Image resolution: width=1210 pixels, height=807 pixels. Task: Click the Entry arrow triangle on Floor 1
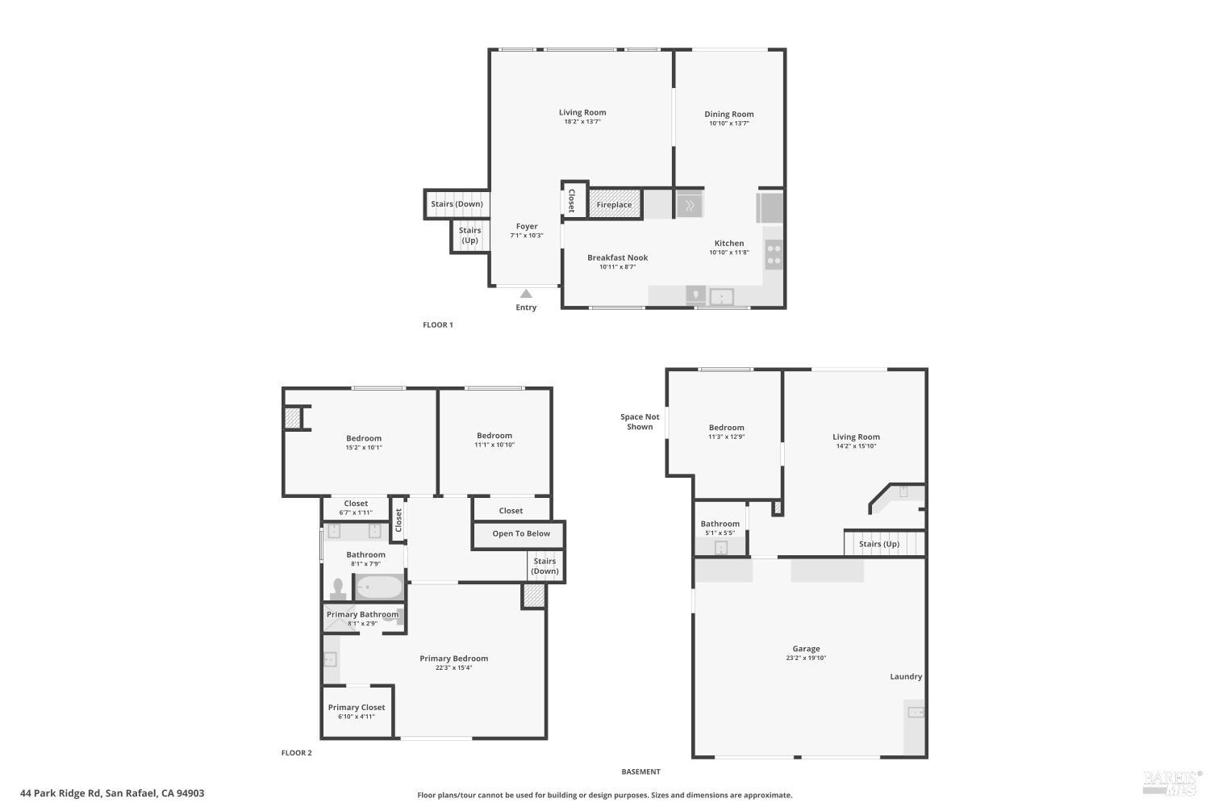pos(526,294)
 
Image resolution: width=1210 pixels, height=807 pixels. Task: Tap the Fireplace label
pos(614,205)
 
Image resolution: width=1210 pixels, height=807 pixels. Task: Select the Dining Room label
pos(728,115)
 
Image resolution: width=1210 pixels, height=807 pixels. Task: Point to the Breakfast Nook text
pos(617,258)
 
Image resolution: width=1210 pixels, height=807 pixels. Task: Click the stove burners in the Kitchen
pos(773,255)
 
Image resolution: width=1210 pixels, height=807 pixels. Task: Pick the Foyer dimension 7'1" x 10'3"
pos(527,236)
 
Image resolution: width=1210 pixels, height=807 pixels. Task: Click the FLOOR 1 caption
pos(438,325)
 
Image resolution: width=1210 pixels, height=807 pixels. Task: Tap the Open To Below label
pos(521,533)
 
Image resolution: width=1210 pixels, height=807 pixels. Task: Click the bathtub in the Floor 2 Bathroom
pos(379,587)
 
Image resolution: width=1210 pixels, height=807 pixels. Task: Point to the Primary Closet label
pos(357,708)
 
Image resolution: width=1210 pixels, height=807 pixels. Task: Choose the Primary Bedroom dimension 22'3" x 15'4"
pos(453,668)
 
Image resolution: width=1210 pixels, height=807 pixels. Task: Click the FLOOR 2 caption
pos(296,753)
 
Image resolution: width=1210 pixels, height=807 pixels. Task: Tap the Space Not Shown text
pos(640,422)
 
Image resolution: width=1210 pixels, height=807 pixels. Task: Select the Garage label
pos(806,649)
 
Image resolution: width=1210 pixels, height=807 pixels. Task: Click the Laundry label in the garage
pos(906,677)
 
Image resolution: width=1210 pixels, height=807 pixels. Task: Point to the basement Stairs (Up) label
pos(878,544)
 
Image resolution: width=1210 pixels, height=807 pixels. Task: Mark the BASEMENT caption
pos(640,772)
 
